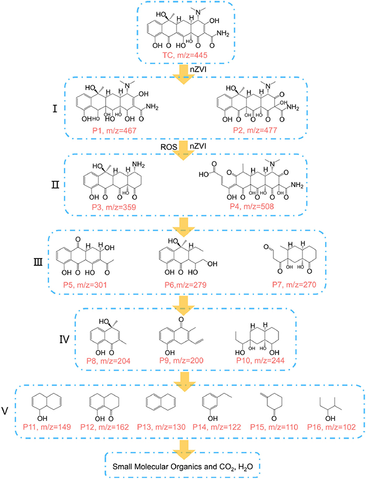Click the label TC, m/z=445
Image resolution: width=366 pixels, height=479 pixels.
pyautogui.click(x=185, y=55)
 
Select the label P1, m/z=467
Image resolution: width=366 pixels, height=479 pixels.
pyautogui.click(x=115, y=131)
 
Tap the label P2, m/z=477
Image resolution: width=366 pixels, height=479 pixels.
pyautogui.click(x=255, y=130)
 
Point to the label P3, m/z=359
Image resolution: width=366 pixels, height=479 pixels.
pyautogui.click(x=114, y=207)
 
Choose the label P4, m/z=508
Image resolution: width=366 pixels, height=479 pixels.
pyautogui.click(x=252, y=206)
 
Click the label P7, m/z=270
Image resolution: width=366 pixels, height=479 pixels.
pyautogui.click(x=294, y=285)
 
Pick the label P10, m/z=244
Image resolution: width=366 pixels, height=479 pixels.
pyautogui.click(x=260, y=360)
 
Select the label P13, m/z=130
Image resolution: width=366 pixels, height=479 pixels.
pyautogui.click(x=161, y=427)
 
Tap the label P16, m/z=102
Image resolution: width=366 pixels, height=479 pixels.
pyautogui.click(x=331, y=427)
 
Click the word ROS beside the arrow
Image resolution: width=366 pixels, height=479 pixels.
pyautogui.click(x=169, y=147)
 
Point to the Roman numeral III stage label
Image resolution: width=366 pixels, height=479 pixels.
pyautogui.click(x=38, y=262)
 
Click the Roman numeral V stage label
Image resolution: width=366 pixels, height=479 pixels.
pyautogui.click(x=5, y=411)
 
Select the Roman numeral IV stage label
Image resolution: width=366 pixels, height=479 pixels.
pyautogui.click(x=64, y=339)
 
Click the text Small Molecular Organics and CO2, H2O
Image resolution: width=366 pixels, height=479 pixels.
pyautogui.click(x=182, y=467)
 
